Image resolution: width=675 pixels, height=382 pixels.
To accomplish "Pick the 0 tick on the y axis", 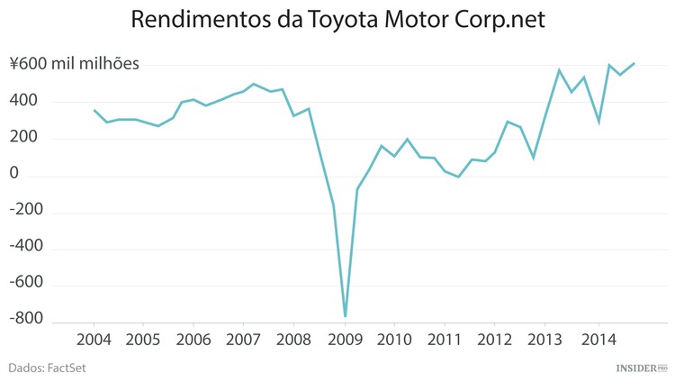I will [x=13, y=175].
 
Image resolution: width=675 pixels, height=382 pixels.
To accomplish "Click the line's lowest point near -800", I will [x=345, y=316].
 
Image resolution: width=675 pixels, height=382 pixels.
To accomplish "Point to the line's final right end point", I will [x=634, y=63].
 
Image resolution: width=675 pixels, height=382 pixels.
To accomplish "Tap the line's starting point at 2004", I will [x=94, y=110].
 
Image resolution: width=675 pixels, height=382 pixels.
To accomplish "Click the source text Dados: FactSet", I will [x=47, y=368].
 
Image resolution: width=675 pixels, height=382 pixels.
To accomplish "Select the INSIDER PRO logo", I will [x=641, y=368].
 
